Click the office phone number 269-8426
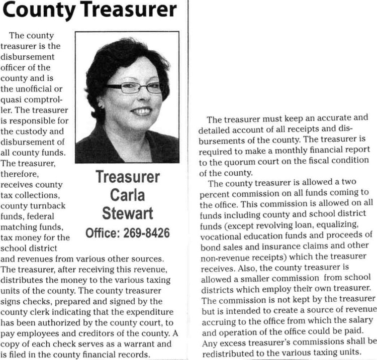coord(149,232)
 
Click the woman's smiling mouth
coord(140,111)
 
